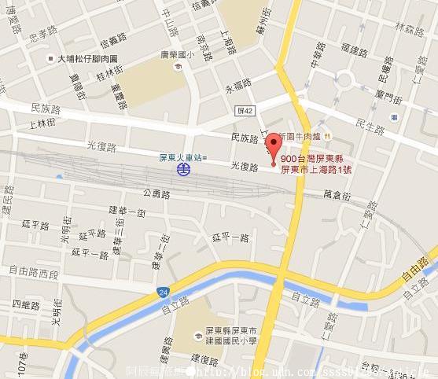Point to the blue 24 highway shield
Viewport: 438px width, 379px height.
[162, 293]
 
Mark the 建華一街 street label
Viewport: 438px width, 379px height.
[126, 212]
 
